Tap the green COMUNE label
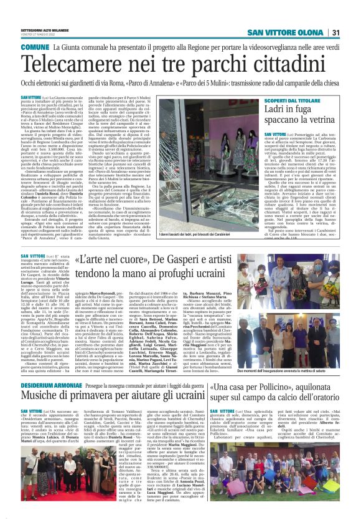[x=35, y=47]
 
